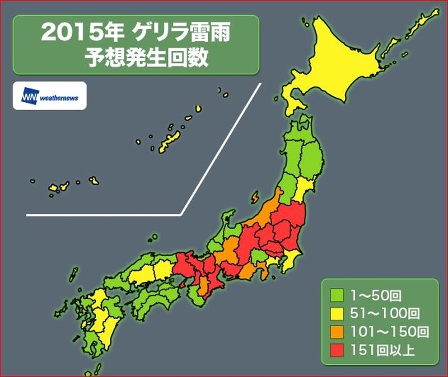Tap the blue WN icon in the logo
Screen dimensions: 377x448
click(29, 96)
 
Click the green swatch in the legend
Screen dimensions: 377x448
click(337, 293)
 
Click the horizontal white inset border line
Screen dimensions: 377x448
click(104, 214)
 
